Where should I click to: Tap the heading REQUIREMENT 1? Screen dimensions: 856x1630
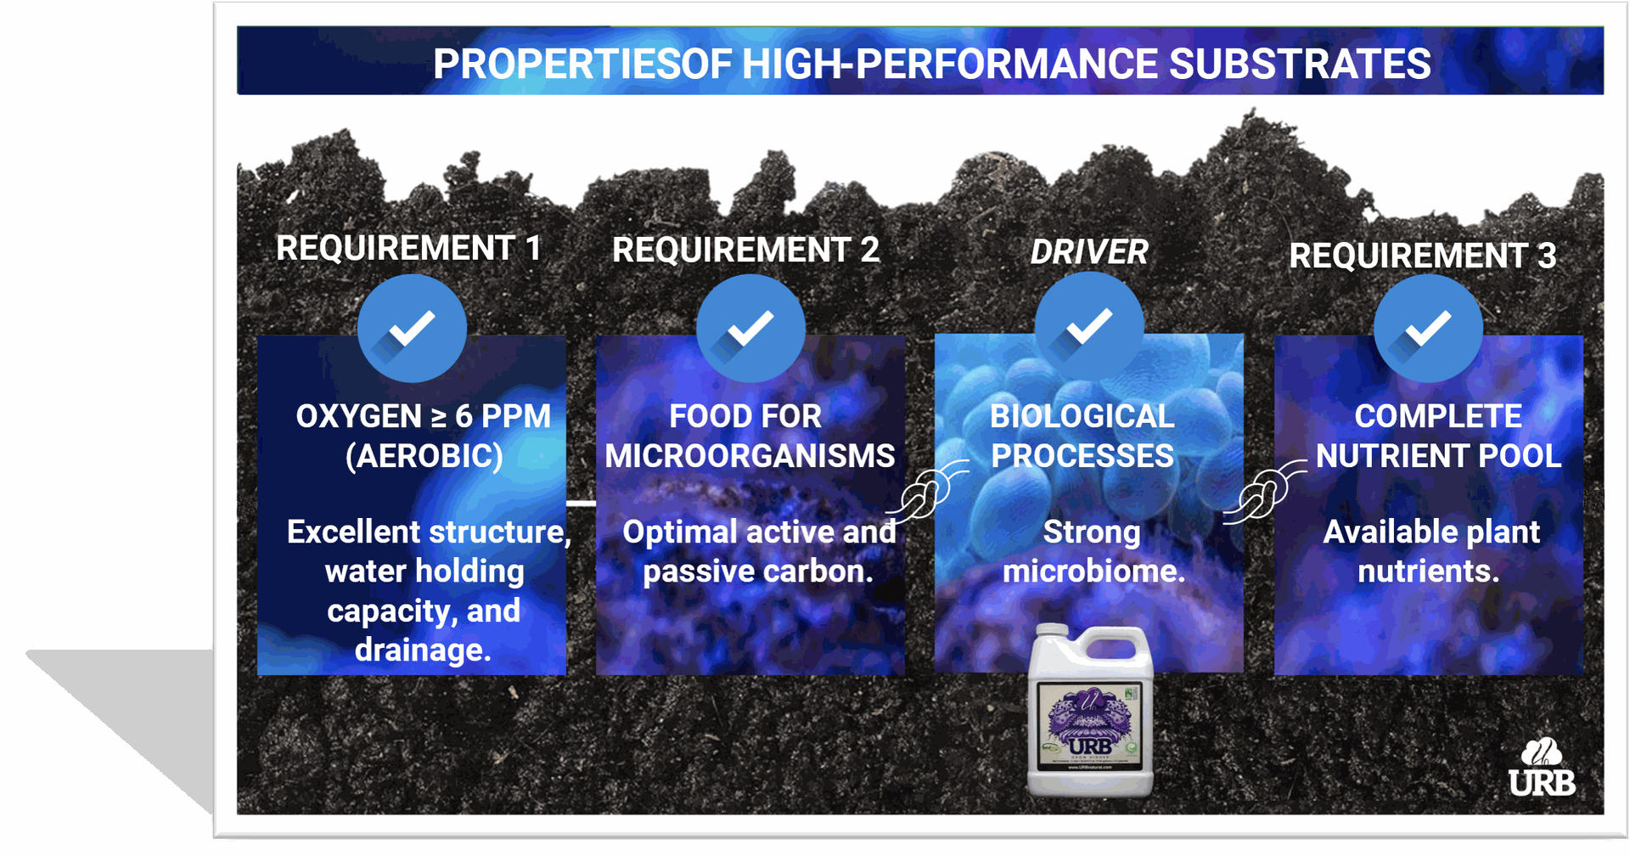[408, 249]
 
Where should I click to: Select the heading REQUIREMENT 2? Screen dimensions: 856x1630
[745, 251]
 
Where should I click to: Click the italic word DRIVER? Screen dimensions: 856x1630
[1088, 252]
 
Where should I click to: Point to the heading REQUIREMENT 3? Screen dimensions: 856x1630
[1422, 256]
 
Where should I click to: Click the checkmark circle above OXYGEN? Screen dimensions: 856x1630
[412, 329]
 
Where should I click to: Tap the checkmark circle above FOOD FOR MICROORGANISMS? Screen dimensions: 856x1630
[750, 329]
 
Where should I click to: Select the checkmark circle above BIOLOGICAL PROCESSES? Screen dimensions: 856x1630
[1088, 327]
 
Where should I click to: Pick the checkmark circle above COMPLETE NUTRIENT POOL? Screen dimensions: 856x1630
[1428, 329]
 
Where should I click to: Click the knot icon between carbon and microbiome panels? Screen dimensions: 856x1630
[925, 493]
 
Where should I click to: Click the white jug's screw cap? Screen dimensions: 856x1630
[1053, 634]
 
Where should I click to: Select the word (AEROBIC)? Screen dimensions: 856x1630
[424, 457]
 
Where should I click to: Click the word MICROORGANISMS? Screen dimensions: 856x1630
[750, 457]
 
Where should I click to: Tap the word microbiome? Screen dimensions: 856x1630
[1093, 572]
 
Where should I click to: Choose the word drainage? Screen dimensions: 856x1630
[422, 650]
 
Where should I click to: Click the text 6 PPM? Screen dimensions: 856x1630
[503, 417]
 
